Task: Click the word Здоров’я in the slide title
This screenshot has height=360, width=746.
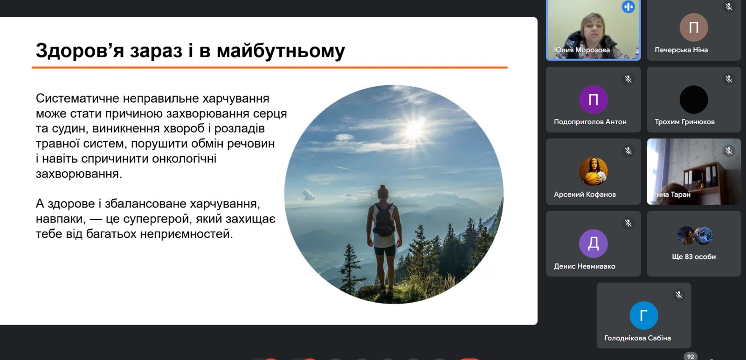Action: (x=80, y=51)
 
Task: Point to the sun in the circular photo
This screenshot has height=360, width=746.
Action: (x=414, y=129)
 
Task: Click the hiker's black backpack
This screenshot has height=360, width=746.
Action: (x=384, y=220)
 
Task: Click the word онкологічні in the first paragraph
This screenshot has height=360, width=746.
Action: (x=184, y=159)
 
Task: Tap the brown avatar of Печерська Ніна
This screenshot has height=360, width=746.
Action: (x=694, y=28)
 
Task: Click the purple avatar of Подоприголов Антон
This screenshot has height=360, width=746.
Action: (x=593, y=100)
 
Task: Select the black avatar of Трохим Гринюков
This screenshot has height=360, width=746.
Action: (x=694, y=100)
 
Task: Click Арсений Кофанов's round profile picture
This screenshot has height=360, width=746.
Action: (x=593, y=172)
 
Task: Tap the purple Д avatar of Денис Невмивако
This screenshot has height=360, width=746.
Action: (x=593, y=243)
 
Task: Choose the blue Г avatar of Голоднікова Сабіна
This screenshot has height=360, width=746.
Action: (x=644, y=315)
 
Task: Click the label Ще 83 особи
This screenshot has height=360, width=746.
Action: (x=694, y=257)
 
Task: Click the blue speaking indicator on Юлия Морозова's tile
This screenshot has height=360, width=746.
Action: (x=628, y=7)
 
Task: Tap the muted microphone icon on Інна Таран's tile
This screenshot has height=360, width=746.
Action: (x=729, y=151)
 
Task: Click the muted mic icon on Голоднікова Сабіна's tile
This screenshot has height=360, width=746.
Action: (x=678, y=295)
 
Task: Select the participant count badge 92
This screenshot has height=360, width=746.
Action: (x=691, y=356)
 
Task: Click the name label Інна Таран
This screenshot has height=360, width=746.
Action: (x=673, y=194)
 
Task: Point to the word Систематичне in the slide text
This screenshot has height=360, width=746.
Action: (x=77, y=98)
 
